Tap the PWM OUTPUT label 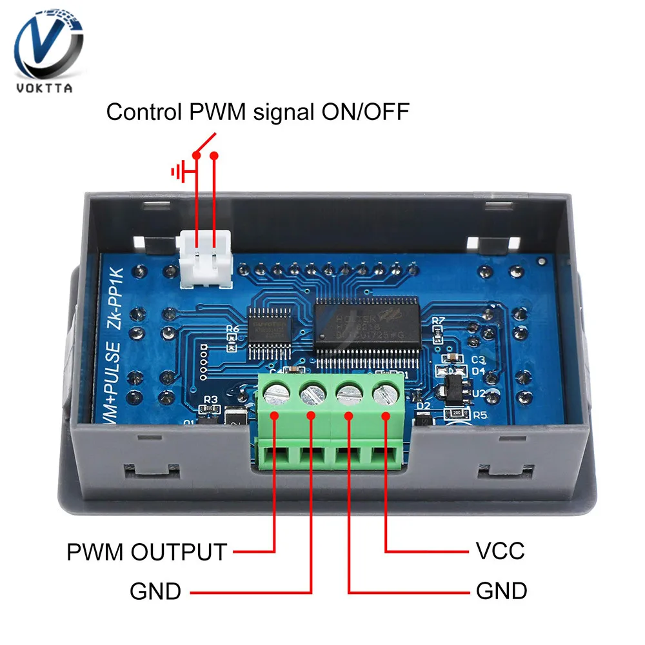click(x=147, y=552)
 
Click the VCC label click(x=500, y=552)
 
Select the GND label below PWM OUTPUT click(x=155, y=591)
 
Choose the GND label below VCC click(x=501, y=591)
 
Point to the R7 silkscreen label click(x=439, y=321)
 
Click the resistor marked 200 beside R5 click(x=457, y=413)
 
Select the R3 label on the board click(x=210, y=400)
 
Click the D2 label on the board click(x=423, y=406)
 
